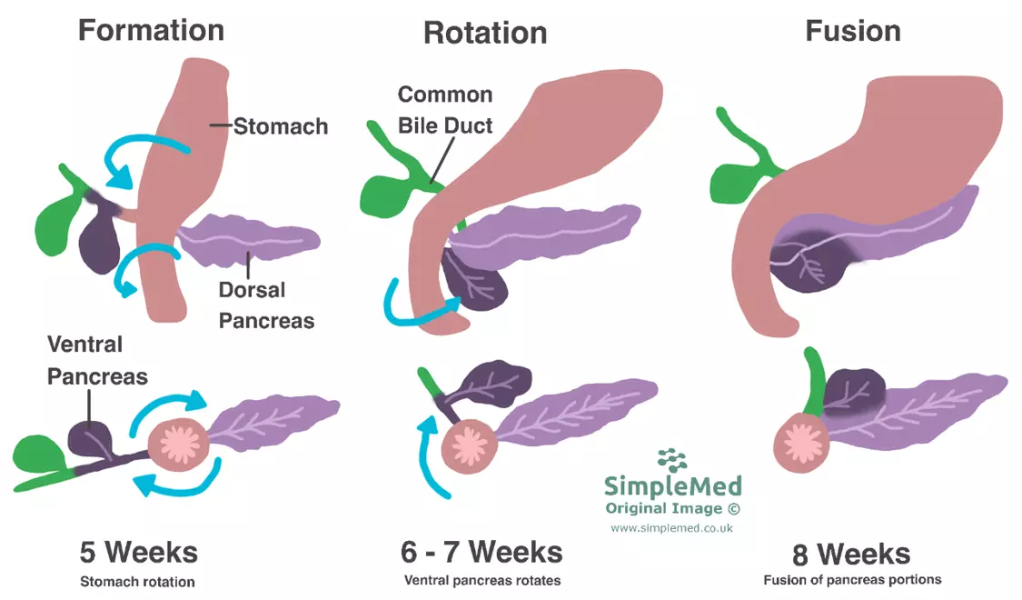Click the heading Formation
(151, 30)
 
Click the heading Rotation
(485, 34)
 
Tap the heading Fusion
(852, 31)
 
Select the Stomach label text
(281, 126)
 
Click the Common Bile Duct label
(445, 109)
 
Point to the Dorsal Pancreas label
(266, 305)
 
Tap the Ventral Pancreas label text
(97, 360)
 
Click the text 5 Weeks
(138, 552)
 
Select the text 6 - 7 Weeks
(481, 552)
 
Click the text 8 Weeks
(850, 554)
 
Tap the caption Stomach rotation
(137, 582)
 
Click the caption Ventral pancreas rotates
(481, 580)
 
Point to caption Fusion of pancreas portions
(852, 580)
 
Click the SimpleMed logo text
(673, 485)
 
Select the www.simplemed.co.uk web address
(671, 528)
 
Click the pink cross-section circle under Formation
(178, 445)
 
